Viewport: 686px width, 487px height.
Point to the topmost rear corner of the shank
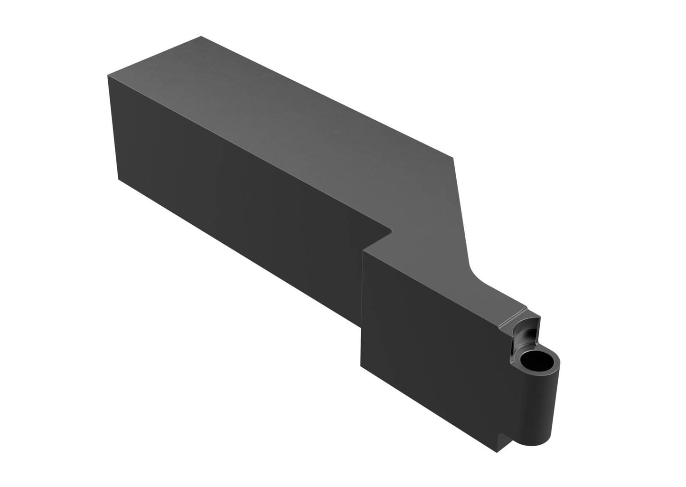[x=202, y=36]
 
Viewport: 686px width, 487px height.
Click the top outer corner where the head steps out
[x=363, y=250]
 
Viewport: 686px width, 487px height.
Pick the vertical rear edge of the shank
[x=113, y=128]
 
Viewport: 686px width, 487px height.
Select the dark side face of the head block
[x=427, y=342]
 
